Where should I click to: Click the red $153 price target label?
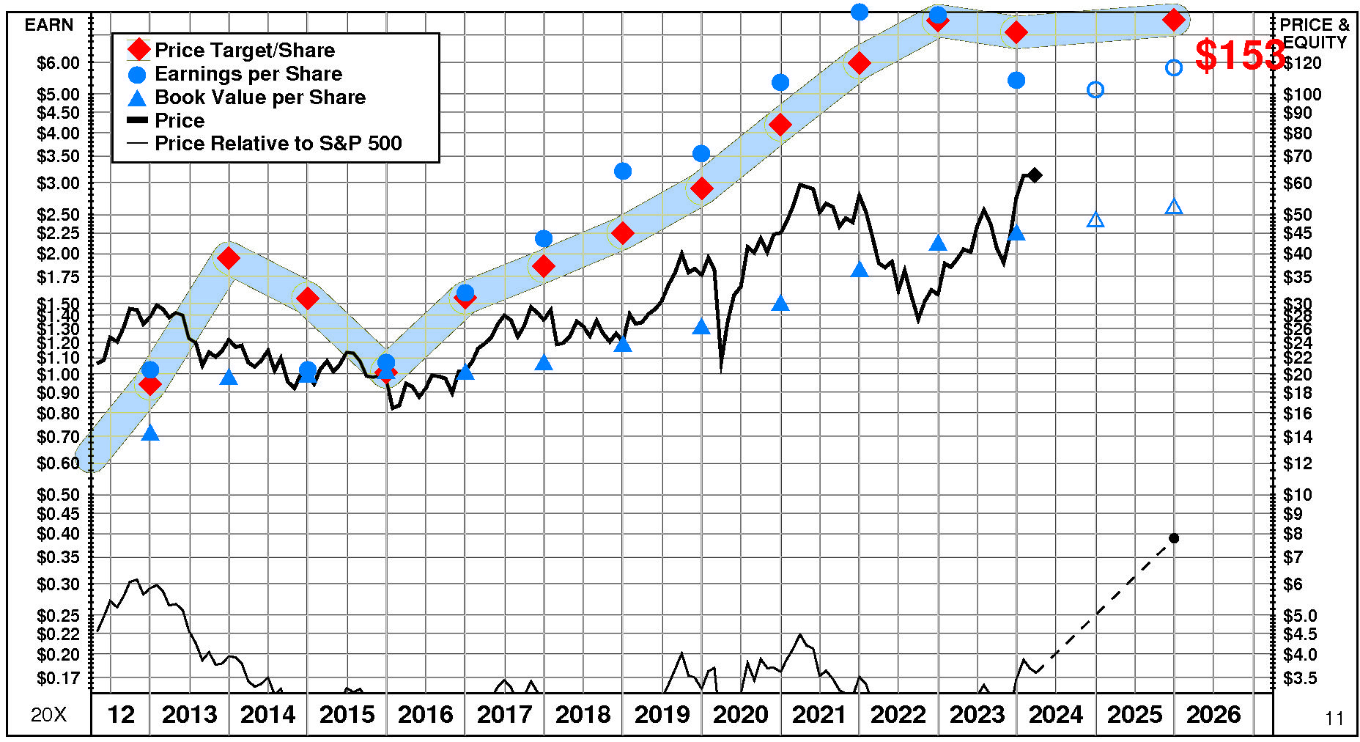coord(1240,55)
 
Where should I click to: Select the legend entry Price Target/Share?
coord(245,50)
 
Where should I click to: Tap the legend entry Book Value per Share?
coord(259,97)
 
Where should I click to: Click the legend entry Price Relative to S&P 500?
coord(278,143)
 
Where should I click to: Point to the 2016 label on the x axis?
coord(425,714)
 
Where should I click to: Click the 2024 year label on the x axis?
coord(1055,714)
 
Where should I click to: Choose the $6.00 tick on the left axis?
coord(58,63)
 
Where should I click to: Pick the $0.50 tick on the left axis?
coord(58,495)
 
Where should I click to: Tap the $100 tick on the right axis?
coord(1302,95)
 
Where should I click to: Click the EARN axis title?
coord(49,25)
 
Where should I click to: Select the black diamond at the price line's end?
coord(1035,175)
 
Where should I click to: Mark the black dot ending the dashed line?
coord(1174,538)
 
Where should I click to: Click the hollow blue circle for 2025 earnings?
coord(1095,89)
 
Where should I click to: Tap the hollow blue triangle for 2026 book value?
coord(1174,207)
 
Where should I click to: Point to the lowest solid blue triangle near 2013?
coord(150,433)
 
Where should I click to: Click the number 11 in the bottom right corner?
coord(1334,719)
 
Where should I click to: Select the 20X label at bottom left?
coord(48,715)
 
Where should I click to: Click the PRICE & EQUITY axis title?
coord(1315,34)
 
